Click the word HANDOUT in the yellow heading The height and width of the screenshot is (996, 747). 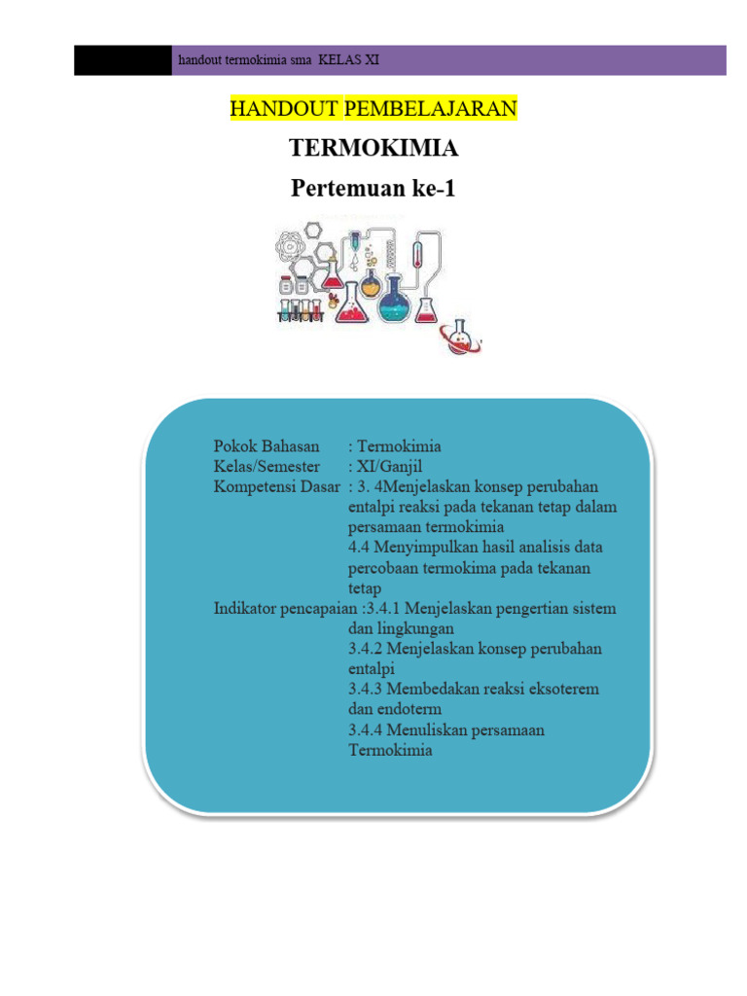tap(283, 109)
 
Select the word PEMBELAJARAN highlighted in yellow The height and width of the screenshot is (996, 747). tap(430, 109)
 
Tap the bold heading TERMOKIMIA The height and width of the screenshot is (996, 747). tap(373, 148)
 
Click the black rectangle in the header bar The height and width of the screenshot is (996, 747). tap(123, 60)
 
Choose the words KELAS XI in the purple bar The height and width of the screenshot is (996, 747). tap(349, 60)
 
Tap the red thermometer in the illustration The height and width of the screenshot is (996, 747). tap(417, 254)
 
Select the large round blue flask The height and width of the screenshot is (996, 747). tap(395, 300)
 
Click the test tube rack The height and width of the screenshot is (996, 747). tap(301, 310)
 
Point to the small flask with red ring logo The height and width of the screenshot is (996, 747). tap(460, 337)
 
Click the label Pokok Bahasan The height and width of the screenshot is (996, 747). tap(267, 445)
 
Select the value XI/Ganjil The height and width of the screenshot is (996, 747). tap(389, 467)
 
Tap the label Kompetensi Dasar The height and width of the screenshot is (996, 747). tap(277, 487)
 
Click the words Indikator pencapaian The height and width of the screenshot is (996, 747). tap(285, 609)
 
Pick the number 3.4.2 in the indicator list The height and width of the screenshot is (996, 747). tap(366, 649)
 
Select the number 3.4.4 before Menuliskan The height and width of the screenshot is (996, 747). tap(366, 729)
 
